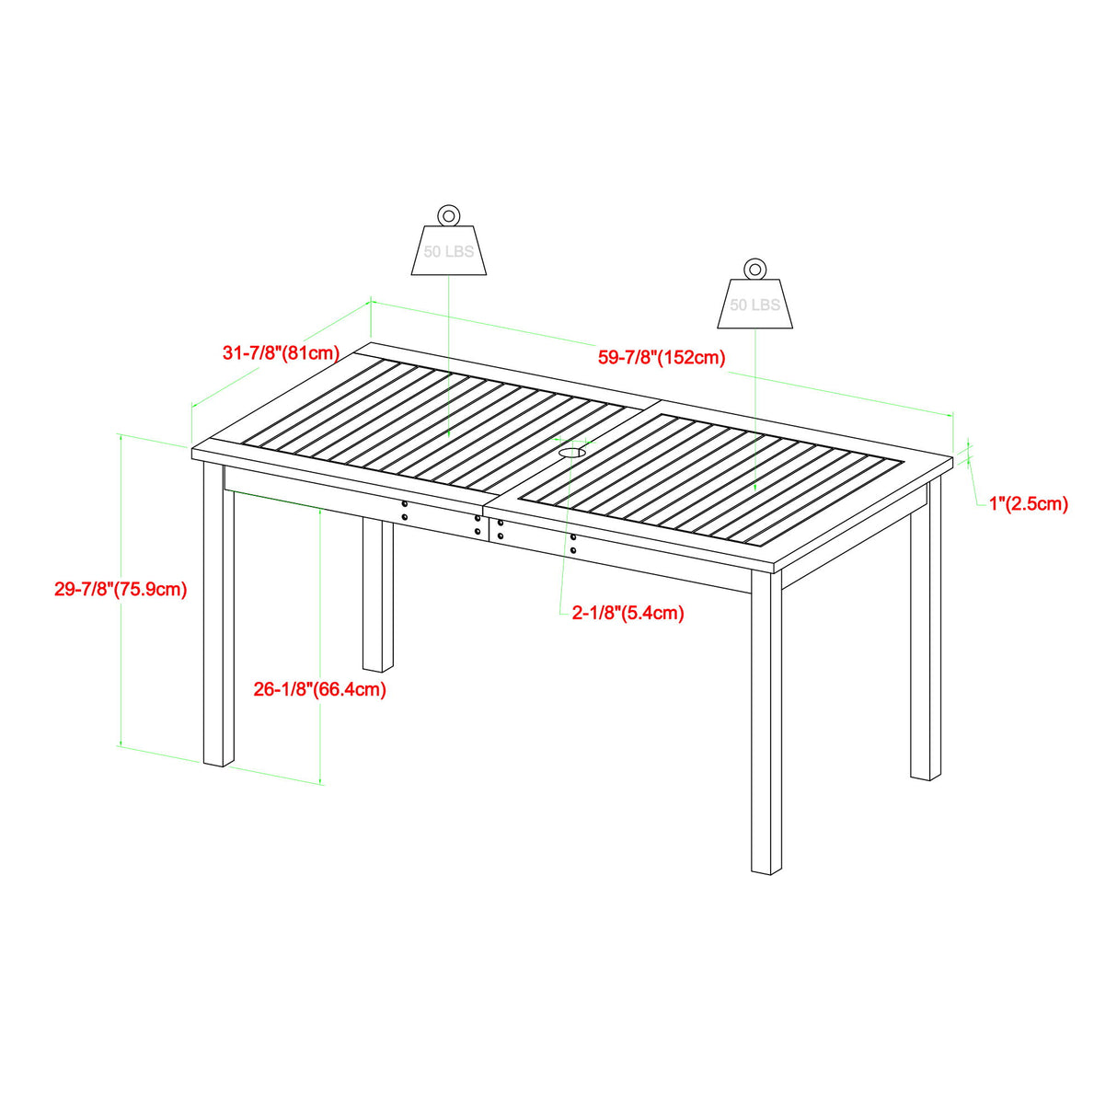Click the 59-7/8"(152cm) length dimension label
662,358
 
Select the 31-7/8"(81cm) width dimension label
282,352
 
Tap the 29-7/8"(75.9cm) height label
121,590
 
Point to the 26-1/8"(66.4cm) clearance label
320,689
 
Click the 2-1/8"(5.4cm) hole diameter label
628,613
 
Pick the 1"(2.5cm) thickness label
1029,503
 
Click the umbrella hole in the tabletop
572,453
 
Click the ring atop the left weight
448,215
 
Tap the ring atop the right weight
754,269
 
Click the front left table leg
218,616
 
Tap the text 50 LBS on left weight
448,252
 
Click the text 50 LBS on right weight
754,305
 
